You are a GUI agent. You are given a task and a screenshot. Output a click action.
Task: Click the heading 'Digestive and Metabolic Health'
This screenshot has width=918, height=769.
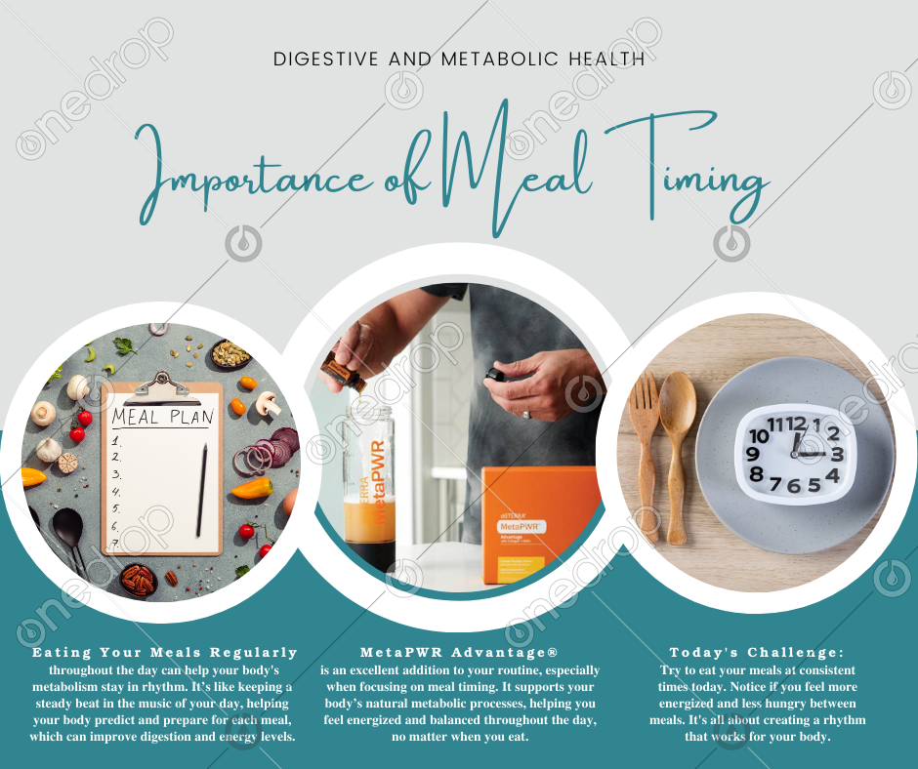pos(459,60)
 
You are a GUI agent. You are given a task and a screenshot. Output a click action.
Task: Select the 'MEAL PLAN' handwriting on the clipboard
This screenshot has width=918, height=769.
pos(163,417)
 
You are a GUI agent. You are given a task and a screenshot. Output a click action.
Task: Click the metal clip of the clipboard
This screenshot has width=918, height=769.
pos(162,388)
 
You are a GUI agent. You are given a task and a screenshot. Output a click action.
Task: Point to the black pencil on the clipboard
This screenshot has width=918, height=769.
pos(201,491)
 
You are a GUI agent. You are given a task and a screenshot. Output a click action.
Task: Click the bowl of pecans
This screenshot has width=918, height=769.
pos(138,580)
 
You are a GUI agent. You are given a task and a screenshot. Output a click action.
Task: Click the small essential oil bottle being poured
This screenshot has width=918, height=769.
pos(343,372)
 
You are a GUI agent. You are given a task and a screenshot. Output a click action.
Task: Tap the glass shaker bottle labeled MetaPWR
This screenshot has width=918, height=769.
pos(369,489)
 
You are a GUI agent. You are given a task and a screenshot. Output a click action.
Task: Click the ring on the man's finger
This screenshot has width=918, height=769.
pos(526,414)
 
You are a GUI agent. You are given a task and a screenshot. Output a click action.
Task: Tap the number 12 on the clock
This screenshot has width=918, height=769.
pos(796,424)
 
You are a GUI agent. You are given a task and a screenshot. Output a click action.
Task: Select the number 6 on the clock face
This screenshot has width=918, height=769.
pos(793,486)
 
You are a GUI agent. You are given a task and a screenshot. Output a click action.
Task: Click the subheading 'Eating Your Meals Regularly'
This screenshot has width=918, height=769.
pos(164,652)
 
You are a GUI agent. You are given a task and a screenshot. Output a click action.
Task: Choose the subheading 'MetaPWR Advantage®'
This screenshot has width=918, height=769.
pos(459,652)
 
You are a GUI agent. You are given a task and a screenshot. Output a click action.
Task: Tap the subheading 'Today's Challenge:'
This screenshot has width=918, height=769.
pos(757,652)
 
